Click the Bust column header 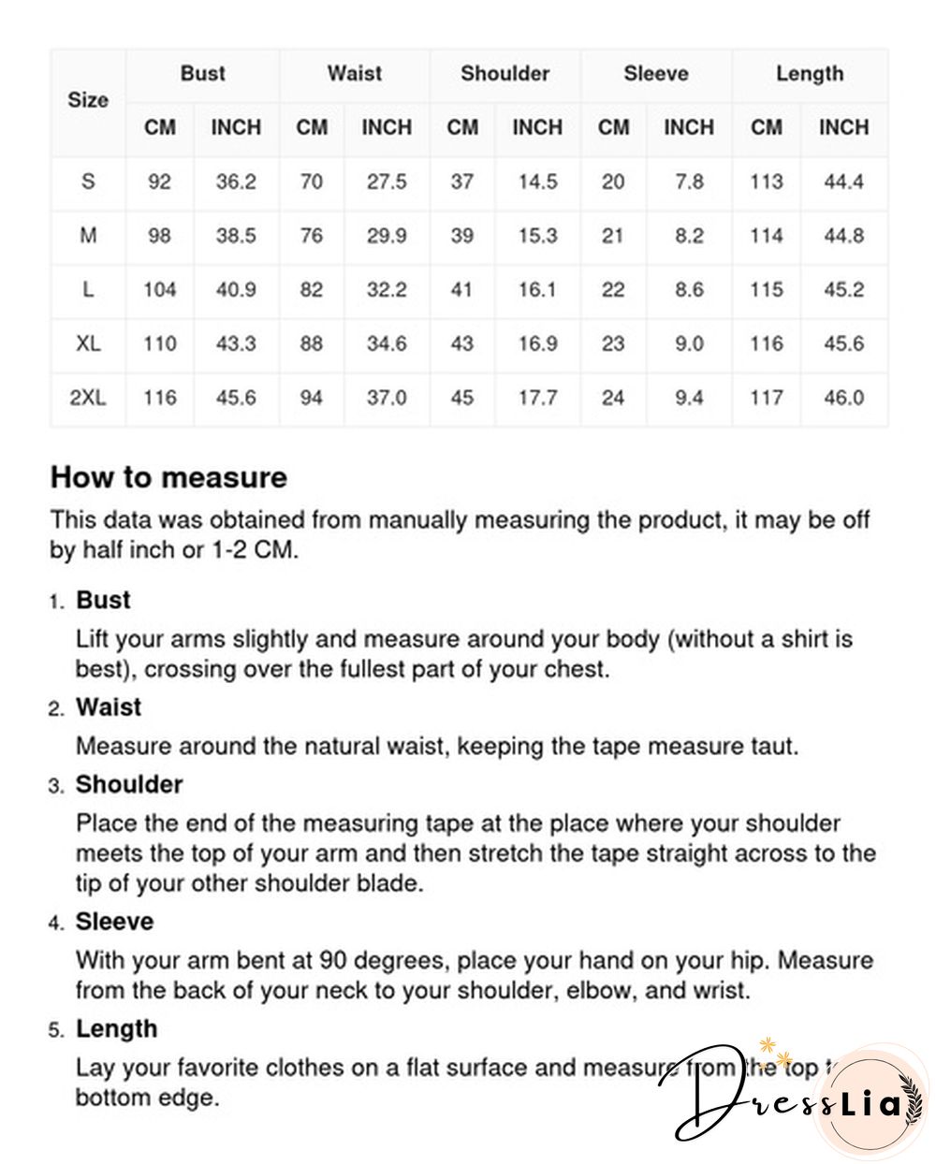(202, 73)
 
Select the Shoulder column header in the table (505, 73)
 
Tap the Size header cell (87, 100)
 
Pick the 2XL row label (87, 398)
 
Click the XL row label (87, 343)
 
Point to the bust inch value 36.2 (236, 182)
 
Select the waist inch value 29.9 (387, 236)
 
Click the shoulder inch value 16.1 (537, 290)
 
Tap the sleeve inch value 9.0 (689, 343)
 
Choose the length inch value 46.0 (843, 398)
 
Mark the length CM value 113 (766, 182)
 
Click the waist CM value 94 (311, 398)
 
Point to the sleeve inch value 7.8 (689, 182)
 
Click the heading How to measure (168, 477)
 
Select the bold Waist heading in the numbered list (109, 707)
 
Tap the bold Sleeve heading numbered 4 (114, 922)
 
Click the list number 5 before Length (56, 1030)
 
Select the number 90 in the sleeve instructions (335, 961)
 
